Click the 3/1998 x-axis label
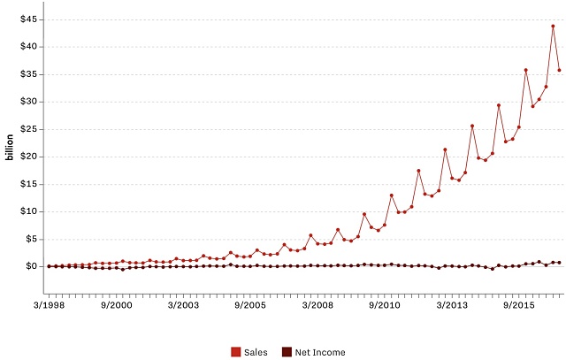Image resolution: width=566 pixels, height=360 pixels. (49, 303)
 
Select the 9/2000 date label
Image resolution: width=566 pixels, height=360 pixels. (116, 303)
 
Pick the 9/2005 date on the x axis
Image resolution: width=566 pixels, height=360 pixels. (250, 303)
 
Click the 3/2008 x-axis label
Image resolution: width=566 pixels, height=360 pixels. (317, 303)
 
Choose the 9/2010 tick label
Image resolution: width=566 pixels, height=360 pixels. (385, 303)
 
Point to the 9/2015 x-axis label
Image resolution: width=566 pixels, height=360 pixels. (519, 303)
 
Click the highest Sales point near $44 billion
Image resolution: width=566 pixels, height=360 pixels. (553, 26)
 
